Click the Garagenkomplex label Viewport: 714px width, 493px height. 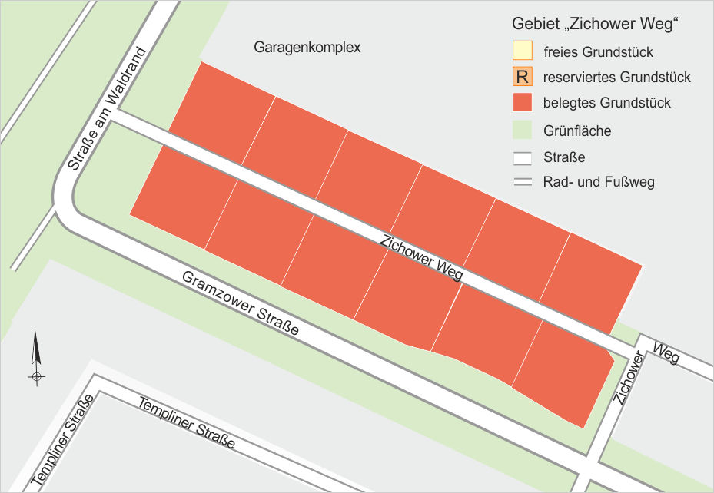307,48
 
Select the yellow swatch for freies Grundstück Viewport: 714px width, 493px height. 523,52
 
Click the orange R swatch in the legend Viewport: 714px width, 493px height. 523,77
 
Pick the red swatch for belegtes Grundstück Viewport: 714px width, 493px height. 523,102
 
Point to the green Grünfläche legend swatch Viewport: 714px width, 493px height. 523,130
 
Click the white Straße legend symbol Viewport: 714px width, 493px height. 523,157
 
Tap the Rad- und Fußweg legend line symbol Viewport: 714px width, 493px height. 523,182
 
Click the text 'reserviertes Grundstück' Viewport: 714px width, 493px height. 616,78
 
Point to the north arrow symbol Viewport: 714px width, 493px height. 36,357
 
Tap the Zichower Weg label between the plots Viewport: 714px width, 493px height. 422,258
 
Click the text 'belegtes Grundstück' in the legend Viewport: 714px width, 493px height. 606,103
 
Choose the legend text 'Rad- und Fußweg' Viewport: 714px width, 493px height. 598,183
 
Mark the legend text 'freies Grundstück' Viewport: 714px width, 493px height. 597,53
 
